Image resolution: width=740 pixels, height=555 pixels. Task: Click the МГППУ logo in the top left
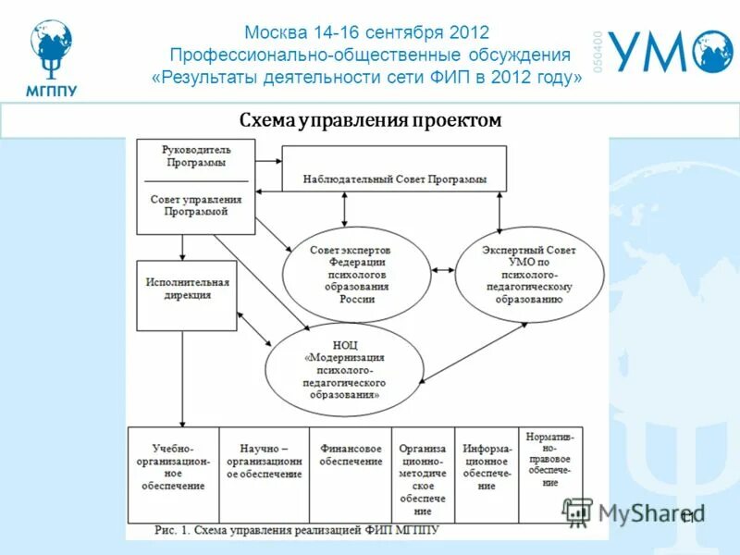point(52,55)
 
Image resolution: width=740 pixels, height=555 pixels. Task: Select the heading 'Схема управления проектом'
point(370,120)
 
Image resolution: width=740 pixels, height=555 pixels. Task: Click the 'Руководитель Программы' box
point(195,156)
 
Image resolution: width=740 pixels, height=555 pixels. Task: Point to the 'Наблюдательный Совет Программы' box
point(394,179)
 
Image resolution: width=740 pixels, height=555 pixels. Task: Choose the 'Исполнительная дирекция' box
point(187,289)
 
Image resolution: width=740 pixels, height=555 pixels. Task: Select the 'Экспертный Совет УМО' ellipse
point(528,275)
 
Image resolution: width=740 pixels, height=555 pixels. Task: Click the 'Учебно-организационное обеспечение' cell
point(173,472)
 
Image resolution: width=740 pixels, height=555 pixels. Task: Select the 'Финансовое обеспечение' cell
point(351,454)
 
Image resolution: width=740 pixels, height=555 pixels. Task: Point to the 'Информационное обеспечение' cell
point(487,466)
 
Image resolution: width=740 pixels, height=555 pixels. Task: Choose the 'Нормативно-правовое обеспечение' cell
point(551,458)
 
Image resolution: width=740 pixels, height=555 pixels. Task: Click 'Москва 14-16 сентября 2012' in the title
point(367,33)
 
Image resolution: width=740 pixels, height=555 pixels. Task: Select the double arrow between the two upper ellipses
point(443,270)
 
